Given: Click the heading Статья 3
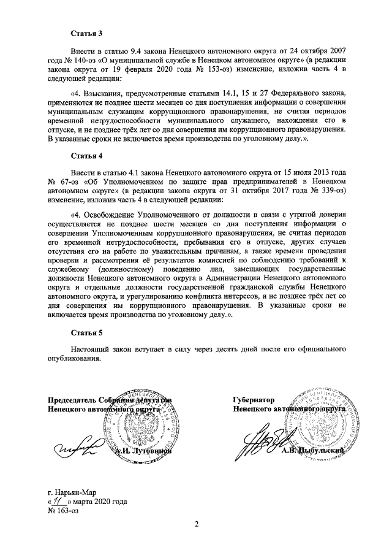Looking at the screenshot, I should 85,32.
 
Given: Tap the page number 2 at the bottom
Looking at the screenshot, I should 197,524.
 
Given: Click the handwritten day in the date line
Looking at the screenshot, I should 60,501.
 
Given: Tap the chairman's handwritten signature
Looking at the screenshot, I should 76,446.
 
